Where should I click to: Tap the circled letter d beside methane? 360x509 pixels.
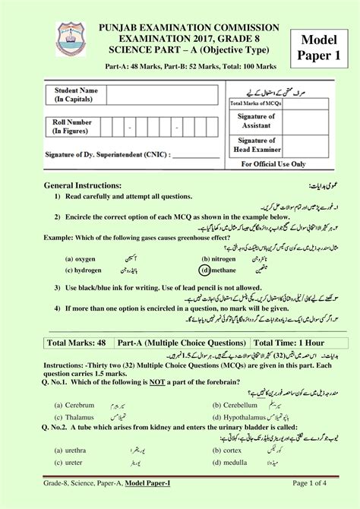204,269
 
